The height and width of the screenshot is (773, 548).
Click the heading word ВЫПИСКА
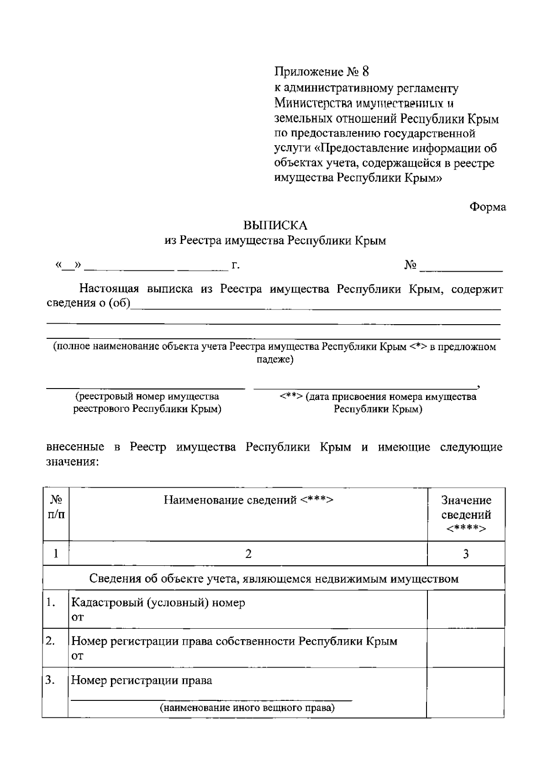[x=275, y=226]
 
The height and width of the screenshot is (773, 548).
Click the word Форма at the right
[x=488, y=207]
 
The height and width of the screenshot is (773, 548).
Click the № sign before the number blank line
[x=410, y=265]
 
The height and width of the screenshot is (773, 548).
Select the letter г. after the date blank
[x=236, y=266]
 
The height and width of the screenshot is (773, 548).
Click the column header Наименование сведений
[x=248, y=500]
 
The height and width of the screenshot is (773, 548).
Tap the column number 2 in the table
[x=248, y=554]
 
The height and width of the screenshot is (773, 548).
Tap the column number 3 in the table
[x=466, y=554]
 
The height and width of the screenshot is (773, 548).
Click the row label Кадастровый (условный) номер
[x=158, y=603]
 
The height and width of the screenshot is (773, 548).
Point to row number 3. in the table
[x=50, y=680]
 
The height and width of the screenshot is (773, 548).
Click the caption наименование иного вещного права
[x=247, y=709]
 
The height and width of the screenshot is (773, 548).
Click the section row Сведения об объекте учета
[x=274, y=579]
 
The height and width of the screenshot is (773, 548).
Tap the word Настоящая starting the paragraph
[x=110, y=289]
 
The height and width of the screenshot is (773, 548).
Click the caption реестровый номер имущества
[x=147, y=396]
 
